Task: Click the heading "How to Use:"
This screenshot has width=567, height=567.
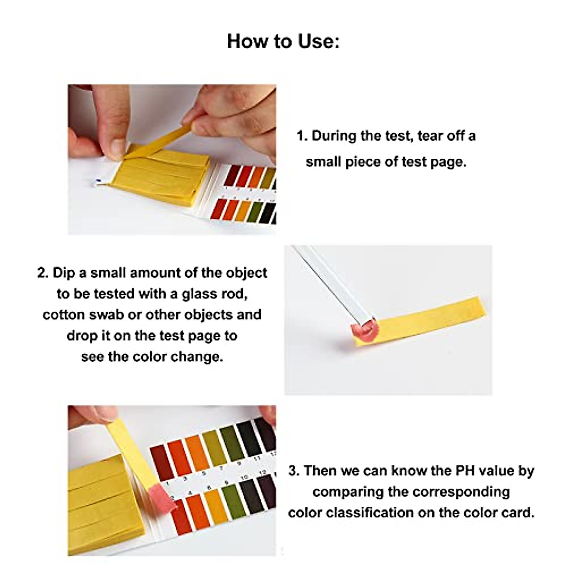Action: [x=283, y=41]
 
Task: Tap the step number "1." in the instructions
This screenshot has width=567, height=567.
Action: [x=302, y=136]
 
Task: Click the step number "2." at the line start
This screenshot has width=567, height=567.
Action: [x=43, y=273]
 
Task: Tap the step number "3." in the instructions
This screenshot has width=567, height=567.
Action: [x=294, y=471]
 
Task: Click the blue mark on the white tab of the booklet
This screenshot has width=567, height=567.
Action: [x=98, y=180]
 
